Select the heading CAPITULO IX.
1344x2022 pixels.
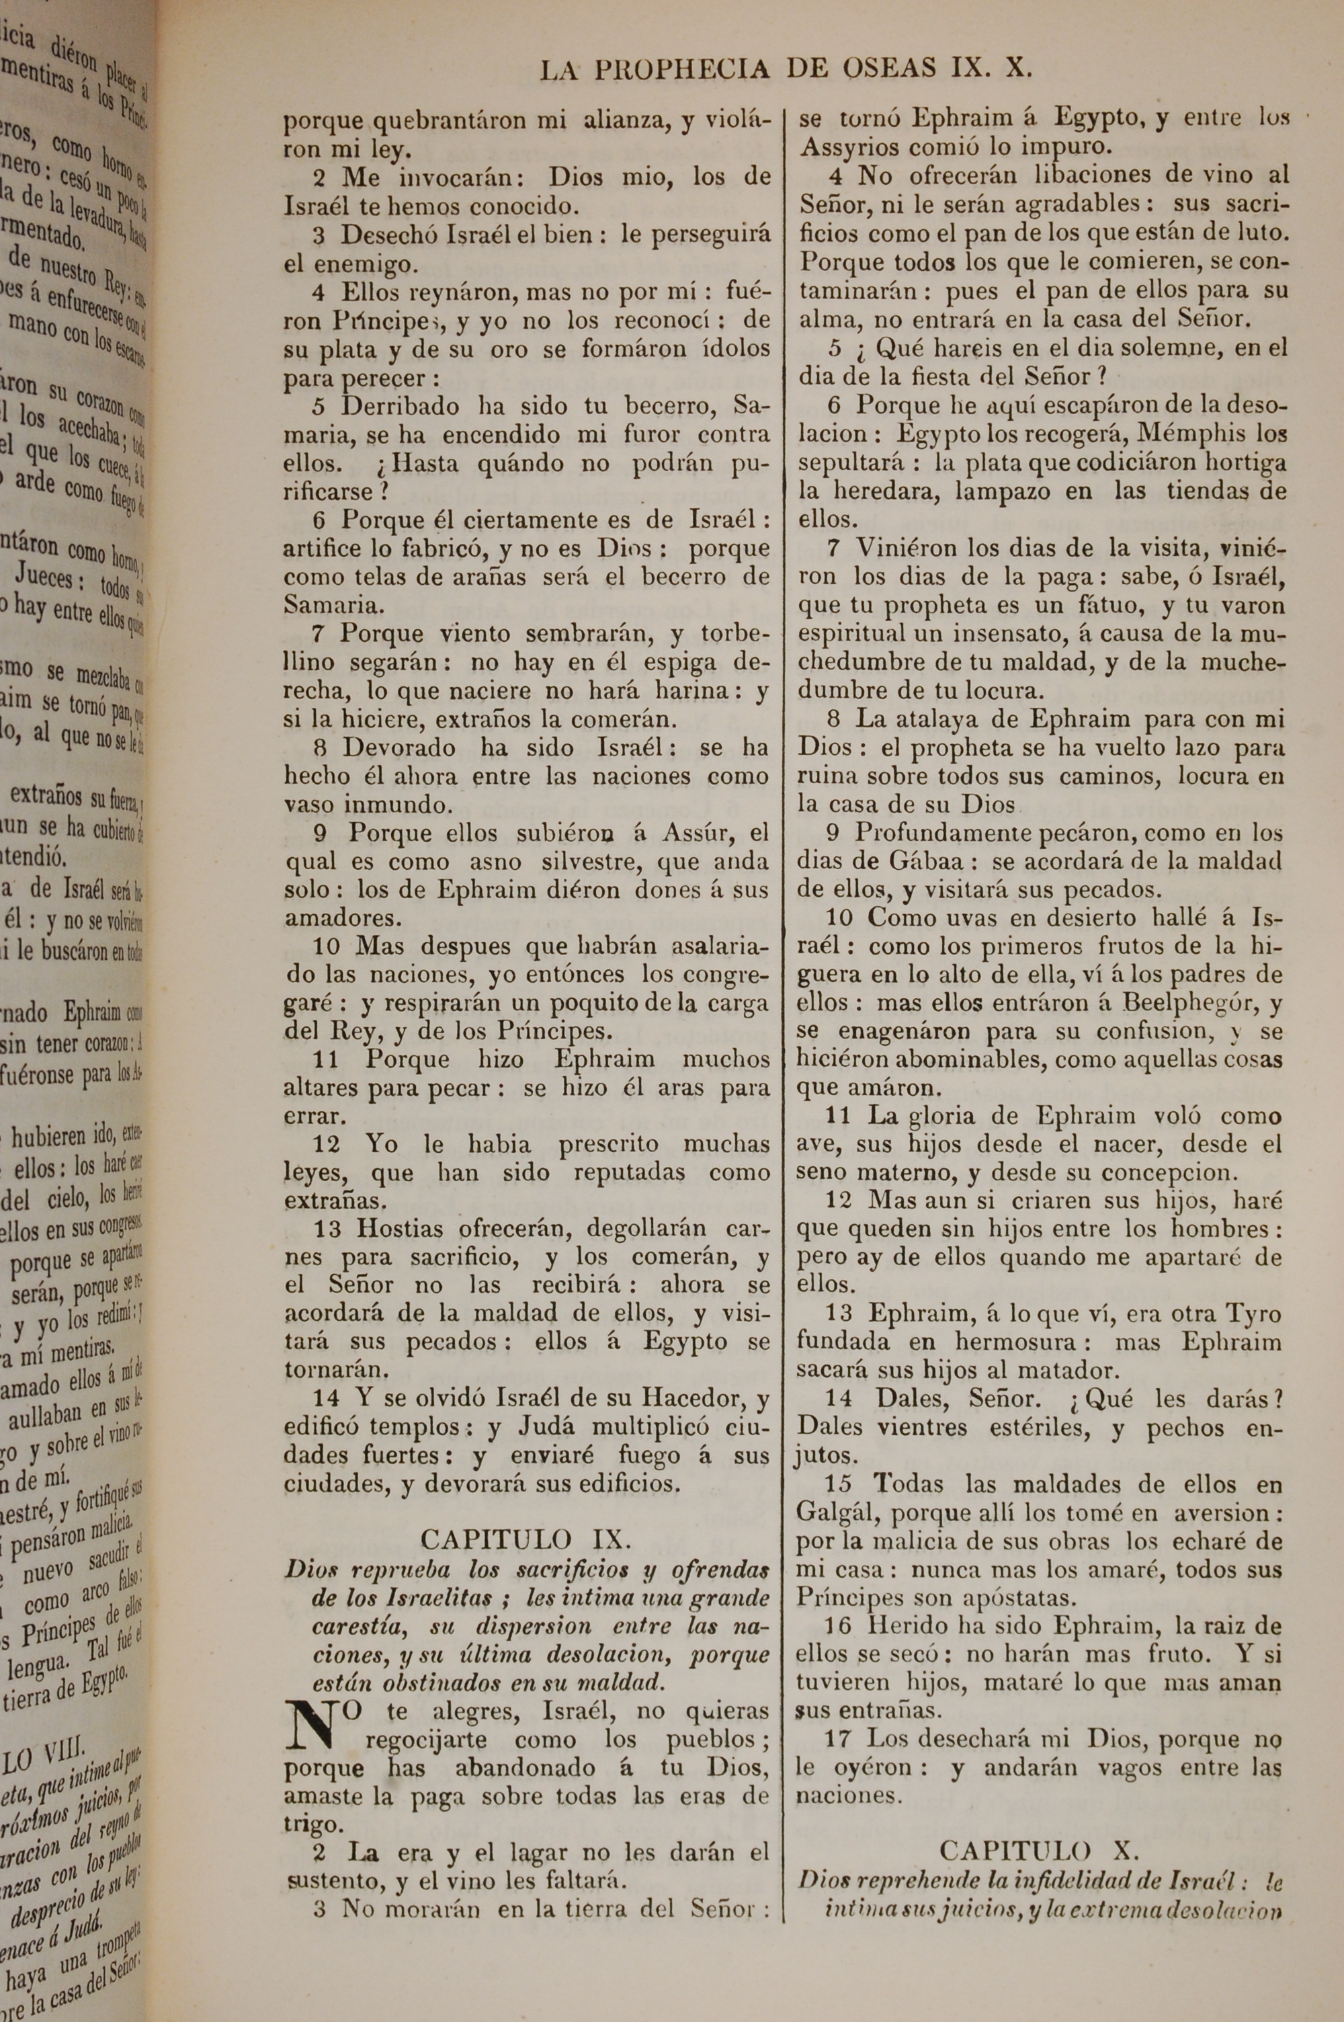point(526,1539)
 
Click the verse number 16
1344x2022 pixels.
point(837,1626)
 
